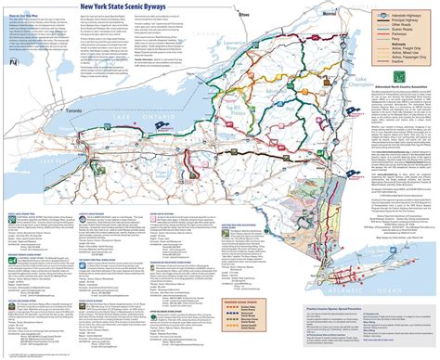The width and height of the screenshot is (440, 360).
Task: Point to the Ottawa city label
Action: pyautogui.click(x=244, y=16)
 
